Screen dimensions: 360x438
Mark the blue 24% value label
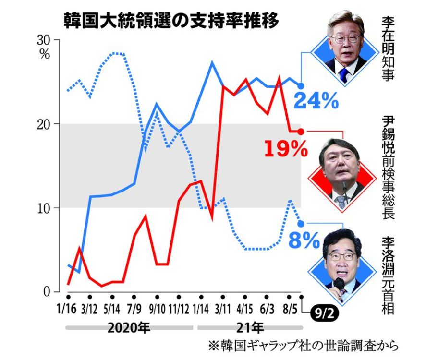[x=316, y=101]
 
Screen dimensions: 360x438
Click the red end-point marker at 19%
[x=301, y=131]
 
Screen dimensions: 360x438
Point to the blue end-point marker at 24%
[x=301, y=86]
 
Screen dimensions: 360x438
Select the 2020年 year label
[x=128, y=329]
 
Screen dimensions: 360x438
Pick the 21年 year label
[x=249, y=329]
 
